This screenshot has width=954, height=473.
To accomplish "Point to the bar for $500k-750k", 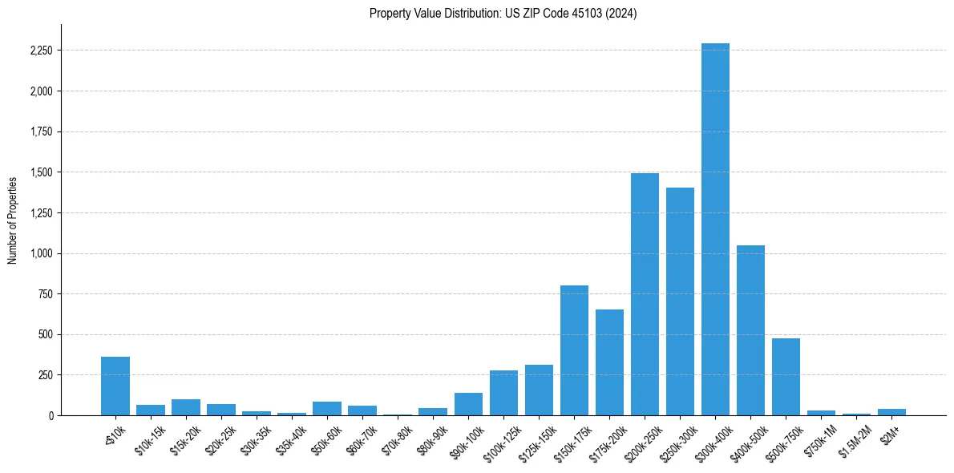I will pos(786,377).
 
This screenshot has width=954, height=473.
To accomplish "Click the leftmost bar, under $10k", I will pos(115,386).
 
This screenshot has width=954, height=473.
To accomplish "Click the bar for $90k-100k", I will pos(468,404).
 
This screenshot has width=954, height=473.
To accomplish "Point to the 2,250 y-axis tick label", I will pos(41,51).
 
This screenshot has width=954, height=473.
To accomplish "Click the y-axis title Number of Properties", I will pos(12,220).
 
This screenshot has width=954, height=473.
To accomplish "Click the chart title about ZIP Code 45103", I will pos(503,14).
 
